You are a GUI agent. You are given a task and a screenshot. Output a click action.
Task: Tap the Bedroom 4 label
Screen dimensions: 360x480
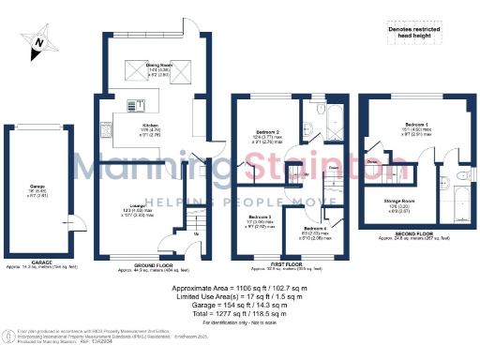point(314,228)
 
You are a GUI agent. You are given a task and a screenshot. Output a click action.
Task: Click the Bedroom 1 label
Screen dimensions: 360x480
point(417,125)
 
